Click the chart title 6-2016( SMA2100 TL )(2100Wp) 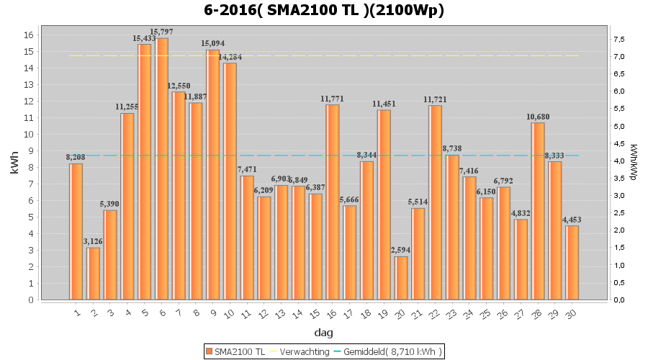324,10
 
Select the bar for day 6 162,168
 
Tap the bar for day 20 401,278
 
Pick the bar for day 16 333,202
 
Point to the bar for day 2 94,274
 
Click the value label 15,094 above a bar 214,43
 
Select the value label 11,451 384,104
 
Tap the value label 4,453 572,220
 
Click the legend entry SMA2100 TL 235,351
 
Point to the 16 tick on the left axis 29,35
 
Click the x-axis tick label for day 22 436,312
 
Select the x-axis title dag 324,333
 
